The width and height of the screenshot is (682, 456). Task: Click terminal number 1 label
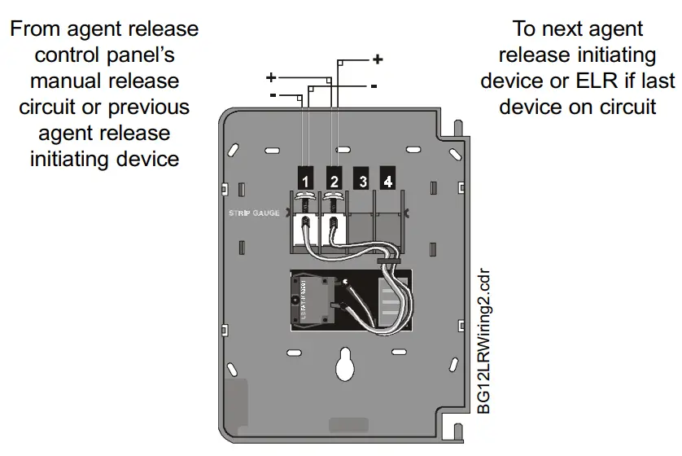click(x=304, y=180)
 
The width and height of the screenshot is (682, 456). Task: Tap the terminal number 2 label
click(x=333, y=180)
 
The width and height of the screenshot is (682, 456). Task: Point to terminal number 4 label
click(x=388, y=180)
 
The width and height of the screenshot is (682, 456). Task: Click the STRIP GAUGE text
click(x=254, y=213)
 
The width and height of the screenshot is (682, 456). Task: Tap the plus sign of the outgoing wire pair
click(x=378, y=59)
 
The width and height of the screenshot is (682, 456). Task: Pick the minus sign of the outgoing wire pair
click(x=373, y=85)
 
